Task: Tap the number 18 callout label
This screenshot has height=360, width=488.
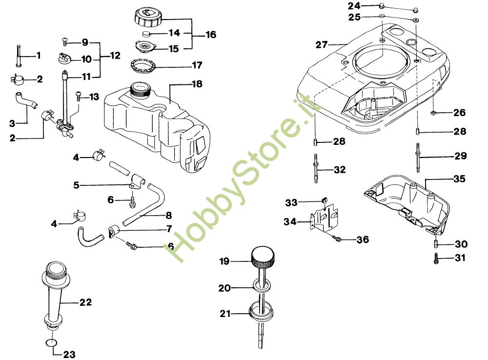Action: coord(197,84)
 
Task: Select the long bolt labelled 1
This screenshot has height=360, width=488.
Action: coord(19,56)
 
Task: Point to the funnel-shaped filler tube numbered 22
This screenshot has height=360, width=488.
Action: coord(55,296)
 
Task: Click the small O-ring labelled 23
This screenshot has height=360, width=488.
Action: coord(51,342)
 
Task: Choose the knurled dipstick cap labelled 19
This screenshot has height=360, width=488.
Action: coord(263,257)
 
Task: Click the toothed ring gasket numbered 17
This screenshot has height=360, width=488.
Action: coord(143,65)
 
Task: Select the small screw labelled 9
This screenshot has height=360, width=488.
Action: coord(65,41)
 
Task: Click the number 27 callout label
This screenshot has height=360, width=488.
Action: coord(322,45)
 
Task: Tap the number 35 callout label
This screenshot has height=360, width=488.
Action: coord(459,179)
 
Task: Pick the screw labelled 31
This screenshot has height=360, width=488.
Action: coord(436,258)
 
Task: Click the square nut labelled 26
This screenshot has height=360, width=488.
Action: coord(434,112)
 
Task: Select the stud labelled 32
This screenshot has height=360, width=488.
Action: coord(316,169)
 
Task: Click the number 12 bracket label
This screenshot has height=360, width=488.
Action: coord(115,56)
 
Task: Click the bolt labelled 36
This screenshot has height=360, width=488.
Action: coord(337,239)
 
